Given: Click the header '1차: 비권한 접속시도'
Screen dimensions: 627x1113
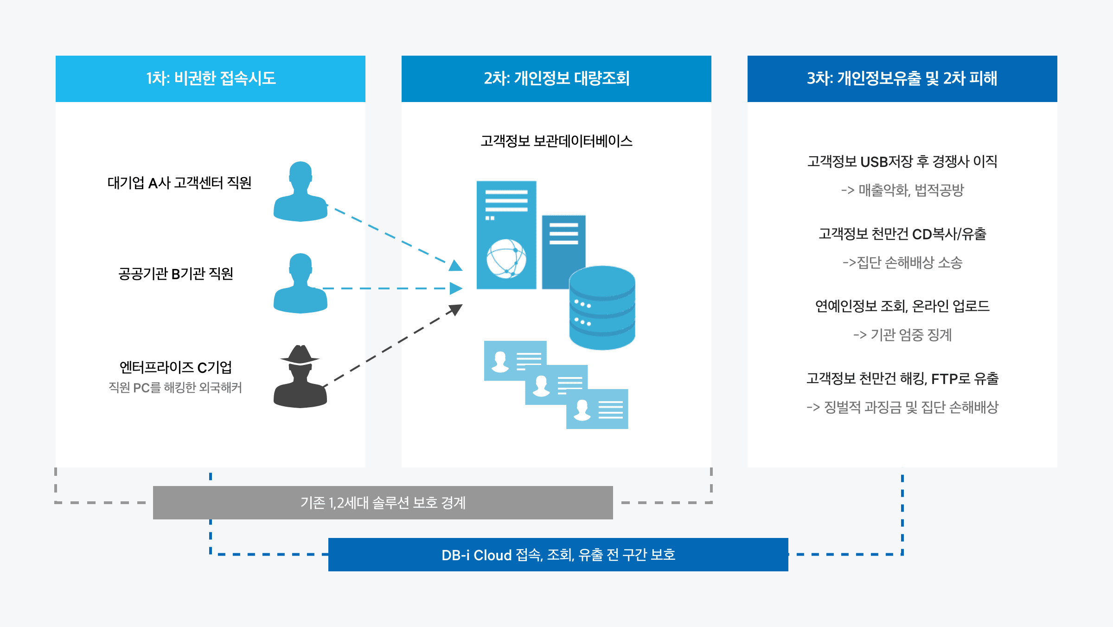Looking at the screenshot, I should [x=211, y=78].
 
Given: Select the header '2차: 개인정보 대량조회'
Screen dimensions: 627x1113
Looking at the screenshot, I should [x=556, y=78].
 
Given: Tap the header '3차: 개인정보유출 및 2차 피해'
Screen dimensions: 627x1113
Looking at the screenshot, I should [x=902, y=78].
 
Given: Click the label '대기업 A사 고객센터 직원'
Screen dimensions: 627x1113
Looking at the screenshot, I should [x=179, y=183].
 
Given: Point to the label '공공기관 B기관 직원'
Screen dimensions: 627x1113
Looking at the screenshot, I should [x=176, y=274].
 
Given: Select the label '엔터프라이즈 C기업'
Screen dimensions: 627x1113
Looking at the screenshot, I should [x=176, y=367].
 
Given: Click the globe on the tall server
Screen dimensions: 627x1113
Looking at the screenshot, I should [x=506, y=258].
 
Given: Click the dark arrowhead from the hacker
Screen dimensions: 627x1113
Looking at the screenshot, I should [x=455, y=309].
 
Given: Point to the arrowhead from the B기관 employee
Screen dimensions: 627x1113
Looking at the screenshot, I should [x=456, y=288].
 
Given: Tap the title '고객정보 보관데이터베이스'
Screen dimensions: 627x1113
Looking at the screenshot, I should [x=556, y=141].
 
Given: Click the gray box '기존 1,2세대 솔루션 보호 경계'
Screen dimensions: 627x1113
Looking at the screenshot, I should [x=383, y=503].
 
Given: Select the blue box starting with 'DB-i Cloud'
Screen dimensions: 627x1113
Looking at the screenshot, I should [x=558, y=555].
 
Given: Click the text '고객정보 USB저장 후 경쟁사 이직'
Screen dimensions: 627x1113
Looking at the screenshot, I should [x=902, y=161].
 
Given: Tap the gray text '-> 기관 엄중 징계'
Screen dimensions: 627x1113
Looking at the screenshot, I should [x=902, y=335].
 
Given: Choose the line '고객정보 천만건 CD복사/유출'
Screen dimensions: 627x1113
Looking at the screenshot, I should [x=902, y=234].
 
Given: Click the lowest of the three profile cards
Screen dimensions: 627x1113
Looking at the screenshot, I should [x=597, y=409].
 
